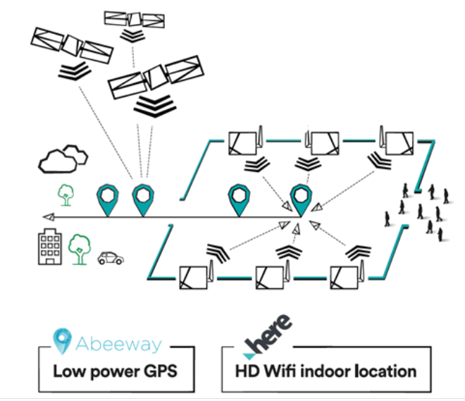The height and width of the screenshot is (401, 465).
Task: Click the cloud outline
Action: pos(63,159)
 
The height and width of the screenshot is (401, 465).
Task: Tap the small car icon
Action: pos(109,258)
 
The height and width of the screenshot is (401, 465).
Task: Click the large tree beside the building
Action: pos(79,248)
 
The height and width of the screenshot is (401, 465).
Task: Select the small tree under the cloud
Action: pos(66,194)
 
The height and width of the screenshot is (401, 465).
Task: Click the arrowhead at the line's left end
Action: pos(46,217)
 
